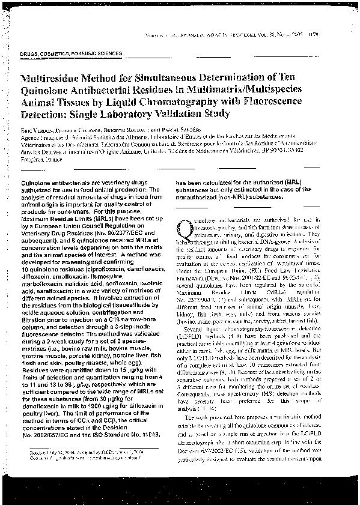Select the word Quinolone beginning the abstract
click(x=38, y=181)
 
